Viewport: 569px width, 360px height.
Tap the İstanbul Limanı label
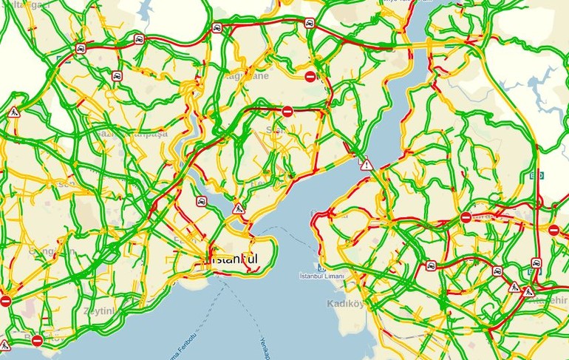tap(322, 276)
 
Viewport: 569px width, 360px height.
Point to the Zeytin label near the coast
tap(100, 311)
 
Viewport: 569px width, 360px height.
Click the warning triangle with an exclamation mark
tap(366, 164)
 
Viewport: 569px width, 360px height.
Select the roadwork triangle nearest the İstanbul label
tap(238, 209)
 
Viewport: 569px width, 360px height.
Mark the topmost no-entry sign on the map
tap(310, 76)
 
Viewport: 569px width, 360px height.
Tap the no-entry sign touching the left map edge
tap(5, 301)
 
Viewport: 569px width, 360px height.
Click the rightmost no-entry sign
tap(553, 230)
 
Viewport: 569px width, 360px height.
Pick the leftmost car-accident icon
tap(80, 49)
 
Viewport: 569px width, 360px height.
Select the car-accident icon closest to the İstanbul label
tap(201, 201)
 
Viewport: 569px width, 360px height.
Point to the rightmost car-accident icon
tap(536, 262)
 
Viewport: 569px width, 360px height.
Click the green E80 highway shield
tap(537, 175)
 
